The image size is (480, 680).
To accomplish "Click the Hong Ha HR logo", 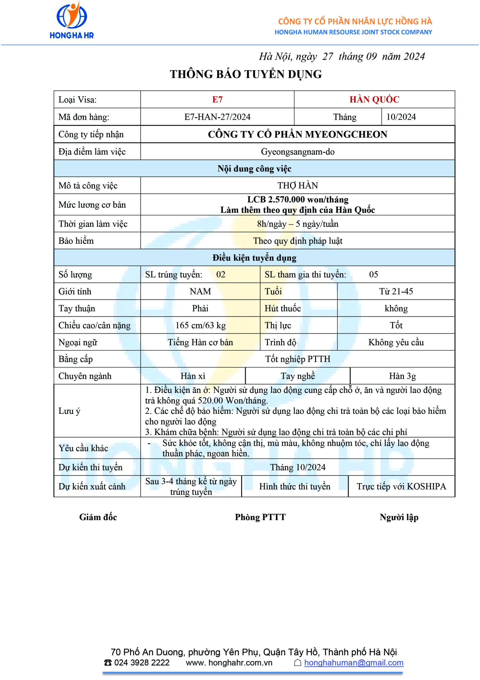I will pos(72,20).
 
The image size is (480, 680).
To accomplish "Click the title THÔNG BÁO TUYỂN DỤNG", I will pos(246,74).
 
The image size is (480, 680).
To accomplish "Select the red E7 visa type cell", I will pos(217,100).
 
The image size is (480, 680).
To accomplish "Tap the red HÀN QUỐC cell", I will pos(374,100).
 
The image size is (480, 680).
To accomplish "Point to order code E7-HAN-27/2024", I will pos(217,117).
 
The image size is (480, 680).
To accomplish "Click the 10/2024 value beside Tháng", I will pos(401,117).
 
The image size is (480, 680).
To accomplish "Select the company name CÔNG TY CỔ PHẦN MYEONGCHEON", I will pos(297,134).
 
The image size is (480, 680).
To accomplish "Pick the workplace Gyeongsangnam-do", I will pos(297,152).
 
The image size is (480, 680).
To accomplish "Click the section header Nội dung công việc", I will pos(254,168).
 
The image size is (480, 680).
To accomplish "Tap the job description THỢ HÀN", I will pos(297,185).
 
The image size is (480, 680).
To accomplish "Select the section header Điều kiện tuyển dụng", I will pos(254,258).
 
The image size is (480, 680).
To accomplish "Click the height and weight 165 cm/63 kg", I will pos(200,325).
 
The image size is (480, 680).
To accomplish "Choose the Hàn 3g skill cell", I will pos(402,376).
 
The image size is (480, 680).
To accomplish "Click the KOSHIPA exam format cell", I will pos(401,486).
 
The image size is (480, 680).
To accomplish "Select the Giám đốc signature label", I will pos(98,517).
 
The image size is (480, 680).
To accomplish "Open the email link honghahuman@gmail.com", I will pos(353,662).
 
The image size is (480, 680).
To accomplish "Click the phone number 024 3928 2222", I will pos(142,662).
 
